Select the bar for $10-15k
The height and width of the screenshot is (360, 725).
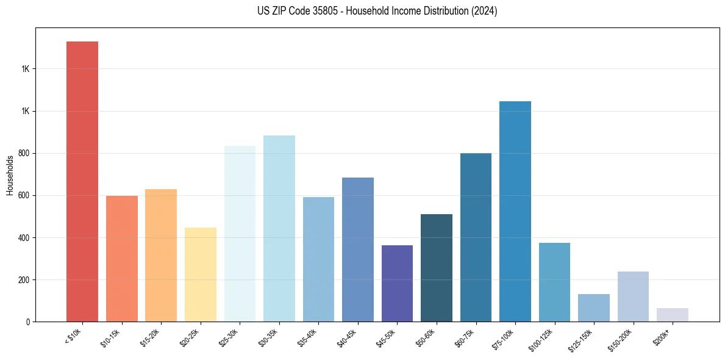pyautogui.click(x=121, y=259)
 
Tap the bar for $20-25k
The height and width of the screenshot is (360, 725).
pyautogui.click(x=201, y=275)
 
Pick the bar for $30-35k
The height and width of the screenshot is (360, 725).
pyautogui.click(x=279, y=228)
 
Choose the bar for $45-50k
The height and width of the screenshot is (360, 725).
pyautogui.click(x=397, y=283)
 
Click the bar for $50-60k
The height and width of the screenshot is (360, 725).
pyautogui.click(x=437, y=268)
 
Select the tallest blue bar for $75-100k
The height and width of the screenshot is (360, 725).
pyautogui.click(x=515, y=211)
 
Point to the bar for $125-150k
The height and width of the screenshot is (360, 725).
pyautogui.click(x=594, y=308)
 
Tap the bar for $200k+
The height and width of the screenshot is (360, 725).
pyautogui.click(x=673, y=315)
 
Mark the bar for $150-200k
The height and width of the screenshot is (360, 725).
pyautogui.click(x=633, y=297)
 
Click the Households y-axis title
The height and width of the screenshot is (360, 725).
pyautogui.click(x=10, y=175)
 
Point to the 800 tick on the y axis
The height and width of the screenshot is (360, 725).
pyautogui.click(x=25, y=154)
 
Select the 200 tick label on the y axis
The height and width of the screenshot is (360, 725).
pyautogui.click(x=25, y=280)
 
